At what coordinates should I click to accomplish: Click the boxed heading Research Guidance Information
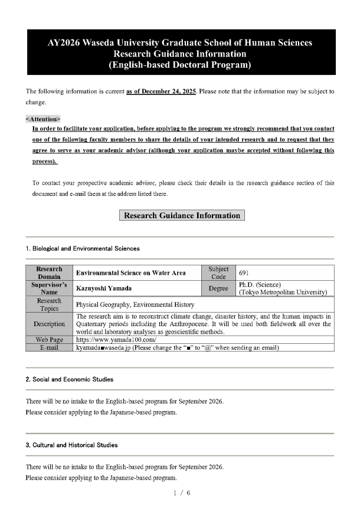pyautogui.click(x=182, y=215)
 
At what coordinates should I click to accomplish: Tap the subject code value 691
pyautogui.click(x=244, y=272)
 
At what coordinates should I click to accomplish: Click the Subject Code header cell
pyautogui.click(x=218, y=272)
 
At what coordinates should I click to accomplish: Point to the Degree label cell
pyautogui.click(x=218, y=288)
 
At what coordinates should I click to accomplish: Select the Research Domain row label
pyautogui.click(x=50, y=272)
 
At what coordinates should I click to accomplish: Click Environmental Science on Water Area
pyautogui.click(x=130, y=272)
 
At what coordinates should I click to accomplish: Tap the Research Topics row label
pyautogui.click(x=50, y=304)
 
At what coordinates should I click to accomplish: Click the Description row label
pyautogui.click(x=50, y=324)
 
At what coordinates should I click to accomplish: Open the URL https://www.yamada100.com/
pyautogui.click(x=116, y=340)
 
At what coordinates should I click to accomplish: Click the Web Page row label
pyautogui.click(x=50, y=340)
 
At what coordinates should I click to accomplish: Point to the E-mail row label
pyautogui.click(x=50, y=347)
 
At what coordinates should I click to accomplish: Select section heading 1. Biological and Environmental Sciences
pyautogui.click(x=83, y=248)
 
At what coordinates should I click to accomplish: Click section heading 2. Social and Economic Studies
pyautogui.click(x=70, y=379)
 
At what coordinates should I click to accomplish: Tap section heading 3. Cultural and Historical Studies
pyautogui.click(x=71, y=445)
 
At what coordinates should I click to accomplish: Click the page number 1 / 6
pyautogui.click(x=180, y=492)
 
